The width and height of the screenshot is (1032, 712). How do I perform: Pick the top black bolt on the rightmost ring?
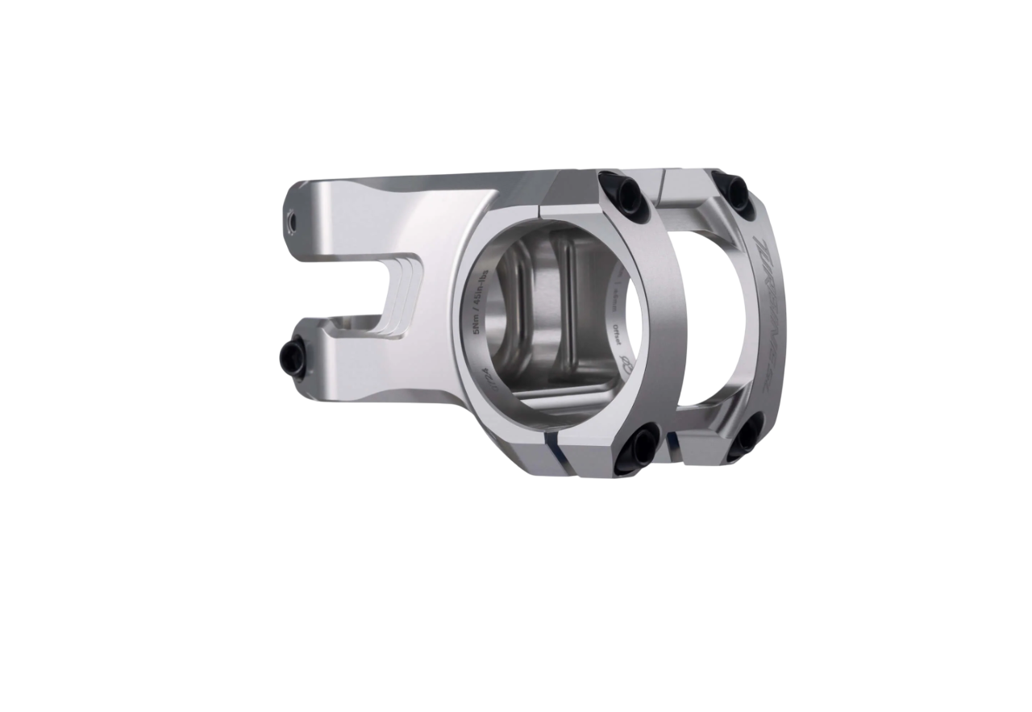736,190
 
